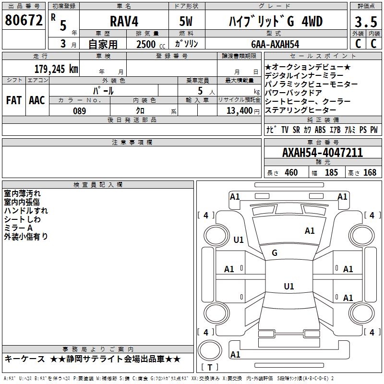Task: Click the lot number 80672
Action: (24, 20)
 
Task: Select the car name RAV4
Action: (124, 21)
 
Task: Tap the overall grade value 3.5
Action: (366, 22)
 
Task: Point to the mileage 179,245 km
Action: (56, 69)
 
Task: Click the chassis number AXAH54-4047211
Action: (322, 153)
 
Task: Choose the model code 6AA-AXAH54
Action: (275, 44)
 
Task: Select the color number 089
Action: (80, 111)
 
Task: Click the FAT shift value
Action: (14, 100)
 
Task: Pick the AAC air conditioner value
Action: (37, 100)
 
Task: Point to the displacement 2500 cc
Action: (151, 44)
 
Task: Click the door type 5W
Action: (186, 21)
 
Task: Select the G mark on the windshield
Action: (275, 253)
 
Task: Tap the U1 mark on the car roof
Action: (289, 286)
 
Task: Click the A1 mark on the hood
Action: (310, 231)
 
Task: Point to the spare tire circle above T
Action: (210, 350)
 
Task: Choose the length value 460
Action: (291, 172)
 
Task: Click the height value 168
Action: (370, 172)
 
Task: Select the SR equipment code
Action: (296, 130)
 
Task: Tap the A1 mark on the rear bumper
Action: (235, 354)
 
